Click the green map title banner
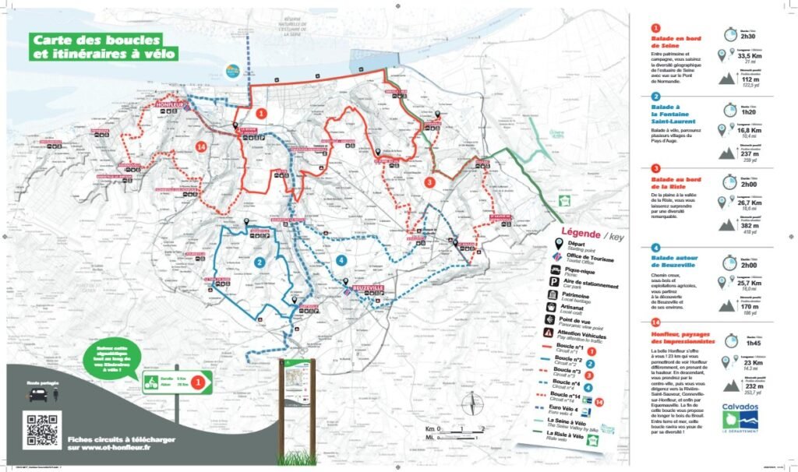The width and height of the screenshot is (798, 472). [104, 47]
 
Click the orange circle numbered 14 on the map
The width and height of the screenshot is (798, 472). [201, 146]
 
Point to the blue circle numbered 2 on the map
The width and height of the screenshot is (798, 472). [258, 262]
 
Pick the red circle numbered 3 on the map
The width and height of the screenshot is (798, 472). [429, 181]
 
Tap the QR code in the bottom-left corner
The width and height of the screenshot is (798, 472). [43, 430]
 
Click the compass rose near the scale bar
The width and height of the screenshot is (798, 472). [469, 403]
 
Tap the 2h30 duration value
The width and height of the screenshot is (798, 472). [748, 37]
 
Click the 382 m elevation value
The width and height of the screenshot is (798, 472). [750, 224]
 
